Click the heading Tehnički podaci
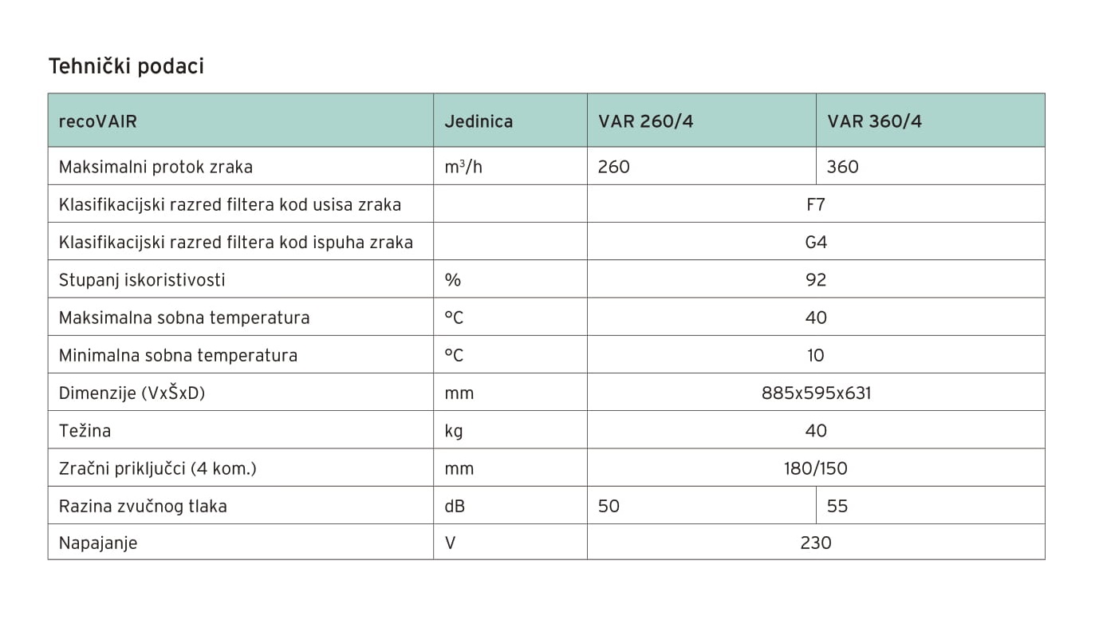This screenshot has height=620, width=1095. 126,66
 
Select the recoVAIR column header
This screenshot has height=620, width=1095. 97,121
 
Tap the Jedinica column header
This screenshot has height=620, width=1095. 479,121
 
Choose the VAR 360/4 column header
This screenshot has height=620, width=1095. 874,121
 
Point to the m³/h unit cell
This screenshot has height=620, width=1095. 463,167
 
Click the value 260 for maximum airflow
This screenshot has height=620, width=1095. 613,167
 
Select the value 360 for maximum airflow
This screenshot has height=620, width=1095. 843,167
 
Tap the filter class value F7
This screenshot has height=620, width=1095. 815,204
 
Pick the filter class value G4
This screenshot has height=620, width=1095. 815,242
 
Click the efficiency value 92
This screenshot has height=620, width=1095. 815,279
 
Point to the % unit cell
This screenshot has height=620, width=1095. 453,279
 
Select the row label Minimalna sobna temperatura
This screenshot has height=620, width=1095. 178,355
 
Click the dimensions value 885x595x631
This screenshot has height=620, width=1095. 816,393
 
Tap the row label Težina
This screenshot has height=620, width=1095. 85,431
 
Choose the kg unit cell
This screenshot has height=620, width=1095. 453,431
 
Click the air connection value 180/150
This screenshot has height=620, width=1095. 815,468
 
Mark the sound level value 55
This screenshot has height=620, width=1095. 837,506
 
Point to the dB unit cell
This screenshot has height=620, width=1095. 455,506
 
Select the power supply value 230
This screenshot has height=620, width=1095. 815,543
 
